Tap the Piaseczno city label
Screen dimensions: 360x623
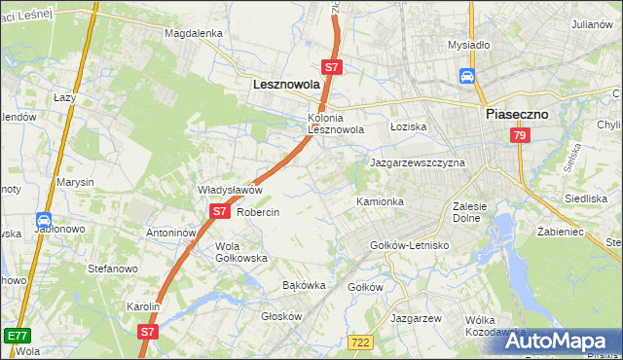(x=517, y=114)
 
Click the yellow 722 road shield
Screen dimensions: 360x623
(x=360, y=342)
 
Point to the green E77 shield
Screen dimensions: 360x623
(x=16, y=336)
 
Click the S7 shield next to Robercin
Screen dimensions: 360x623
(x=219, y=211)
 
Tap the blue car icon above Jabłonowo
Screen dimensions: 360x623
(x=44, y=221)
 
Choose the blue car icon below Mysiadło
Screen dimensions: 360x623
(x=467, y=76)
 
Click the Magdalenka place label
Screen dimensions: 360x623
(x=194, y=33)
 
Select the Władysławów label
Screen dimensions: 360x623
(x=231, y=190)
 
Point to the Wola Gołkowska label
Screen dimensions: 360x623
(x=241, y=252)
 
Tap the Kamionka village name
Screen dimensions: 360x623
(x=380, y=201)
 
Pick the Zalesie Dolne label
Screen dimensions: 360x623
(x=476, y=212)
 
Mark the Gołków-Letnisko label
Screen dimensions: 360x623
(x=410, y=245)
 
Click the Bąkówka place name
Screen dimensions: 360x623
(x=303, y=286)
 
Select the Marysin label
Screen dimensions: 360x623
(x=75, y=182)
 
